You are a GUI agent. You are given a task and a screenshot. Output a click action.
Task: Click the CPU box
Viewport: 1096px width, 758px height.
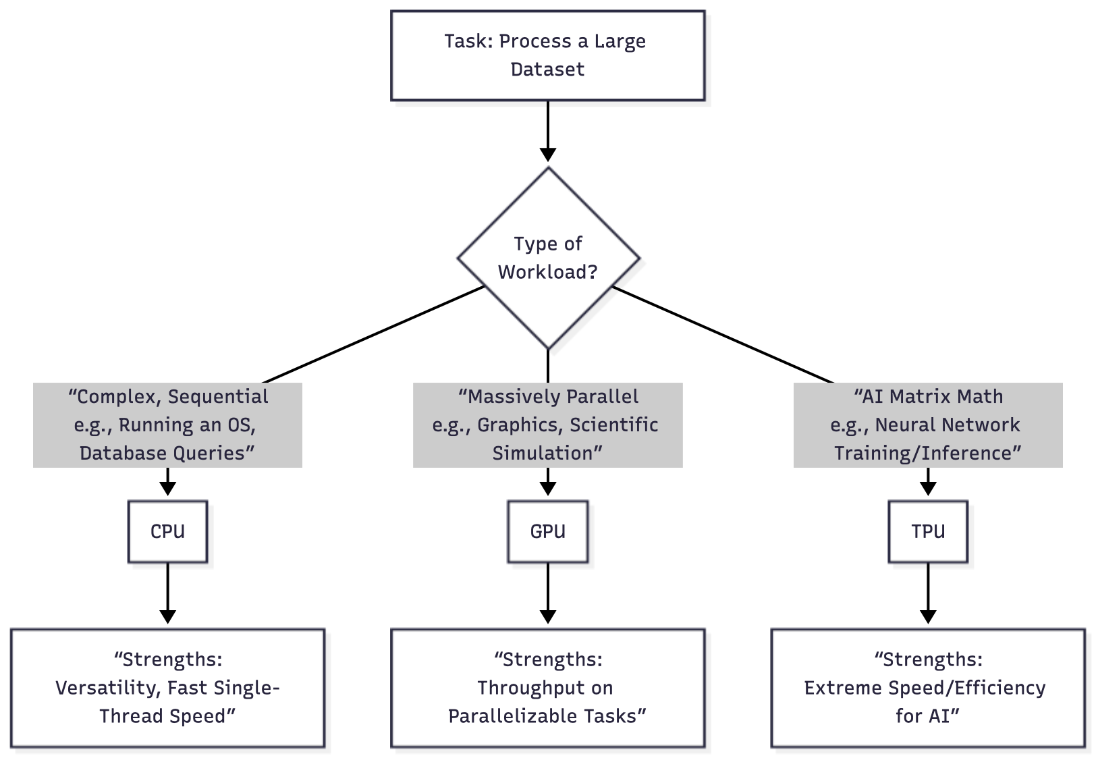tap(168, 531)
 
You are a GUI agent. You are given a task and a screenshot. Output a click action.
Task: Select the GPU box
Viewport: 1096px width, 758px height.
tap(547, 531)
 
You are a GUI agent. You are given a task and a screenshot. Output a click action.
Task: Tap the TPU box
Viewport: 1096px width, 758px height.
tap(928, 531)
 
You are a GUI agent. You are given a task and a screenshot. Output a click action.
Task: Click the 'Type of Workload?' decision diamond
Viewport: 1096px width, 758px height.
tap(548, 258)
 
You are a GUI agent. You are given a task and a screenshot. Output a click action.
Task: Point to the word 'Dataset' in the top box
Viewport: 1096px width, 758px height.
tap(547, 70)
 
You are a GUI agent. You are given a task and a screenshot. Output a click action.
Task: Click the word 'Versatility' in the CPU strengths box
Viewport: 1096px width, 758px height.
tap(108, 688)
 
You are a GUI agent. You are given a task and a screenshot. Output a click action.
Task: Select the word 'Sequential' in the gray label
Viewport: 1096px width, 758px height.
tap(218, 397)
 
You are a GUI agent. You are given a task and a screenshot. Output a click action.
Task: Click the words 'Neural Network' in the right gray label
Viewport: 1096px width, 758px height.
tap(948, 425)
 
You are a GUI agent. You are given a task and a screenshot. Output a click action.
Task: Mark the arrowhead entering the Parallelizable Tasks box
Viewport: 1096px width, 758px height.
tap(548, 617)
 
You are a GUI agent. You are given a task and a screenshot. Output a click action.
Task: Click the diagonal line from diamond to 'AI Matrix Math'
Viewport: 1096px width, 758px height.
tap(723, 335)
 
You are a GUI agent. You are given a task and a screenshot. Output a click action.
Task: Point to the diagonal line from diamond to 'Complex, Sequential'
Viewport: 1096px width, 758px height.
tap(373, 335)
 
